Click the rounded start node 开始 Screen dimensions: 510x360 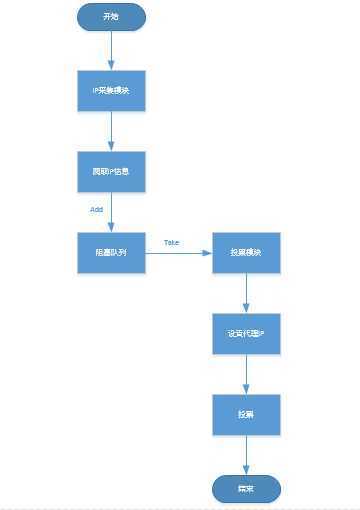[x=111, y=17]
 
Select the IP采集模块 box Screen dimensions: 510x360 [x=111, y=91]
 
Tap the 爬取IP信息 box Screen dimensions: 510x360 [x=111, y=171]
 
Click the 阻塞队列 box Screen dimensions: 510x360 [x=111, y=253]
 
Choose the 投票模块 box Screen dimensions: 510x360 [x=246, y=253]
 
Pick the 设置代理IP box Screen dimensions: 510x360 [x=246, y=333]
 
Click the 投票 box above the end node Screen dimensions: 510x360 [x=246, y=413]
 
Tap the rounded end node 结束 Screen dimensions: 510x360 [x=246, y=488]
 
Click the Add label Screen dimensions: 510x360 [x=97, y=210]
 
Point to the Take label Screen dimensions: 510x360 [x=171, y=242]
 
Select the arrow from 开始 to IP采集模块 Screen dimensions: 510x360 [x=111, y=50]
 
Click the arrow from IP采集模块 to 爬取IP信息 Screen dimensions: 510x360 [x=111, y=131]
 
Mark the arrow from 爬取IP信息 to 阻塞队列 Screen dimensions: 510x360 [x=111, y=212]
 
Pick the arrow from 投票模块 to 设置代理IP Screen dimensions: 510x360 [x=246, y=293]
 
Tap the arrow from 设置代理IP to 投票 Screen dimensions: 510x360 [x=246, y=373]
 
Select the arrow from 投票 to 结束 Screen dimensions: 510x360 [x=246, y=453]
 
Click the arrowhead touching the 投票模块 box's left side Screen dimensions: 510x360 [x=207, y=253]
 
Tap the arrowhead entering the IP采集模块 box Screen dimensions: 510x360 [x=111, y=66]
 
